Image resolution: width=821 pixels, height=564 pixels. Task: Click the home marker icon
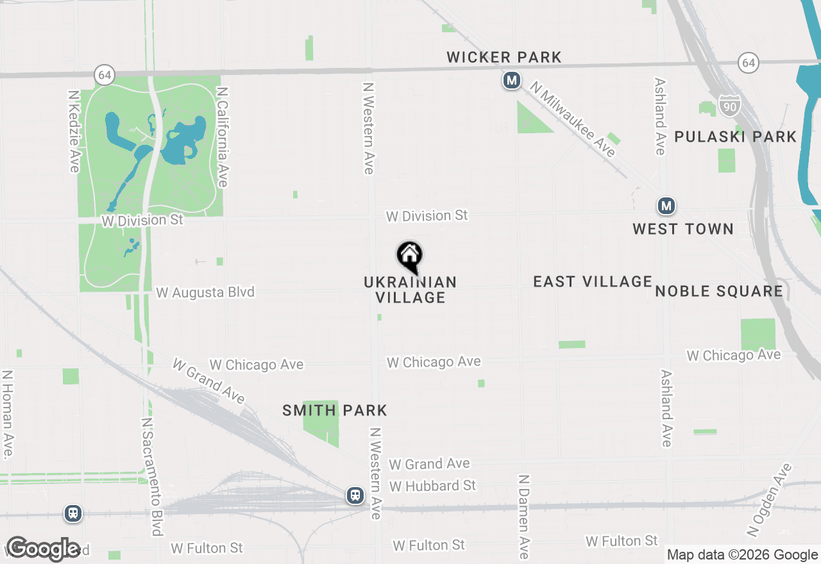point(410,256)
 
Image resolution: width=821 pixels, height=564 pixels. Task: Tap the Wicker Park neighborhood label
point(504,58)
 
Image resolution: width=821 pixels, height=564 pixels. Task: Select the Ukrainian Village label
point(410,290)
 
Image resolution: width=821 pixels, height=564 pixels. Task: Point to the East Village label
point(593,281)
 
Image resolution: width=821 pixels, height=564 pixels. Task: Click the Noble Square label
point(719,292)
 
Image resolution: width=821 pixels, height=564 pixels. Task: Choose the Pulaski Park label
point(735,137)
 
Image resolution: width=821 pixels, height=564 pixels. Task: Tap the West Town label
point(683,229)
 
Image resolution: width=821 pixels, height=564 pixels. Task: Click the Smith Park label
point(335,410)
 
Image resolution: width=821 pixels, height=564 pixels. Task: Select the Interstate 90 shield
point(729,105)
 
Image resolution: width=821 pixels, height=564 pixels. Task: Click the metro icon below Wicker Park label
point(511,81)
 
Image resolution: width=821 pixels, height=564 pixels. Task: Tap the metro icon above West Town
point(666,206)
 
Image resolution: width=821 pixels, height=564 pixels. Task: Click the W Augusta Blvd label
point(205,292)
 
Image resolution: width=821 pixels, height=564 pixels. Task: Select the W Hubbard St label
point(433,486)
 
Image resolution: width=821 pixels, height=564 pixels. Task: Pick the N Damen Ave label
point(524,517)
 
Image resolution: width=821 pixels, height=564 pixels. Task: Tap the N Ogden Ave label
point(769,500)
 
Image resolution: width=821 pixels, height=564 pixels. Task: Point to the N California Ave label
point(222,137)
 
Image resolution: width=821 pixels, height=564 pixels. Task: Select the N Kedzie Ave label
point(74,131)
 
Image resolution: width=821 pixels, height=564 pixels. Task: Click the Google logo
point(43,549)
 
